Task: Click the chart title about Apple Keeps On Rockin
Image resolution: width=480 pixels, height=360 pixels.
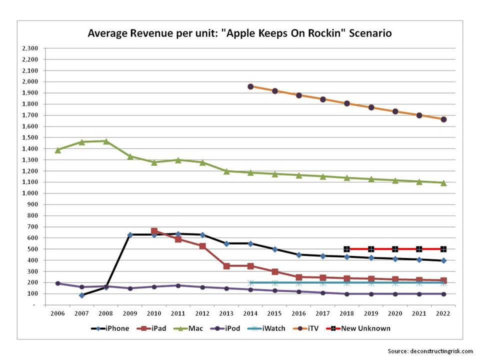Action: [239, 33]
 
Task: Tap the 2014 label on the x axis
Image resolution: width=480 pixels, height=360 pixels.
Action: [250, 313]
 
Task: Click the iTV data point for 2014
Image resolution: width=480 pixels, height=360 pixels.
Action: [250, 86]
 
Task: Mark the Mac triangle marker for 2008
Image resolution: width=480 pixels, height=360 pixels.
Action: [106, 141]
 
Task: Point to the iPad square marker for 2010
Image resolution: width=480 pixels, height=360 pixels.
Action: [154, 231]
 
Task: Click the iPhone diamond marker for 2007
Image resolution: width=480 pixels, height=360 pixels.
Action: [82, 295]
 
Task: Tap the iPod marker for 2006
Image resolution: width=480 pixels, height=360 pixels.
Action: [57, 283]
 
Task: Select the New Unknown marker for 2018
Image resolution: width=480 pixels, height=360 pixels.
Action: [346, 249]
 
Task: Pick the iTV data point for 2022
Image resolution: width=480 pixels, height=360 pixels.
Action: [443, 119]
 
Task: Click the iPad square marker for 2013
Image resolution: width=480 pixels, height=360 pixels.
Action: [226, 266]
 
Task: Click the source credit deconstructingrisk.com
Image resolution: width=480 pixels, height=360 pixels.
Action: [430, 351]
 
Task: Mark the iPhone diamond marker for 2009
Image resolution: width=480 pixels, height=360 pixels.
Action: [130, 234]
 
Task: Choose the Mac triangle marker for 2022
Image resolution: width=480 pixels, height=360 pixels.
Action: [443, 183]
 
